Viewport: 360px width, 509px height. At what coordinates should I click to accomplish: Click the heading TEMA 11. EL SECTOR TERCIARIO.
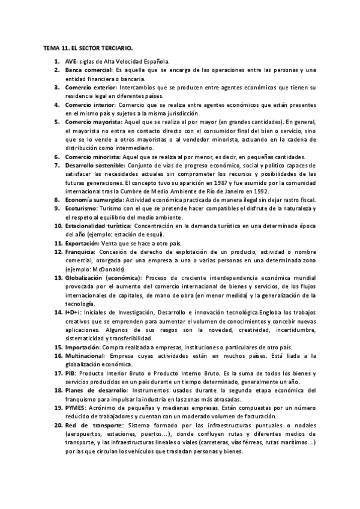pyautogui.click(x=88, y=46)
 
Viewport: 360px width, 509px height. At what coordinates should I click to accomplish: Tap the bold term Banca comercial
pyautogui.click(x=89, y=70)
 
